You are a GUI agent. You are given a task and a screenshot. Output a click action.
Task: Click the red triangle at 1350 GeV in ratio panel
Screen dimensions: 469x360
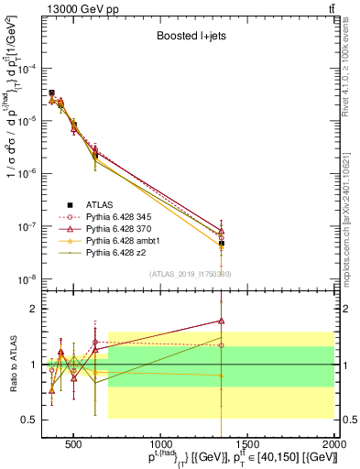tap(222, 321)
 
